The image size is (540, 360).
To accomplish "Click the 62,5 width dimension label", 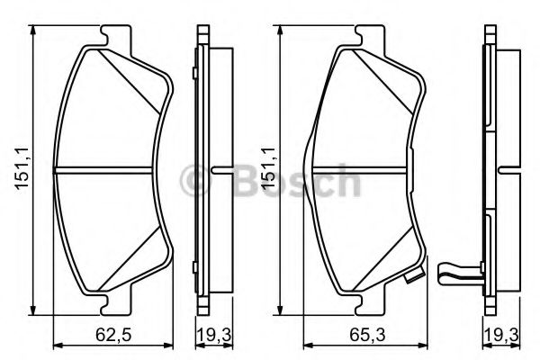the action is (x=113, y=335).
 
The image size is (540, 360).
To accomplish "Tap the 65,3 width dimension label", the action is (x=367, y=335).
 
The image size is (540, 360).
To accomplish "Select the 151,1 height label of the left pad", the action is (x=21, y=167).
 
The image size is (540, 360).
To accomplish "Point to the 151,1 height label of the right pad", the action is (x=268, y=167).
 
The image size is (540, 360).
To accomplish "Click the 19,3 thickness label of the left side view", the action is (x=214, y=335).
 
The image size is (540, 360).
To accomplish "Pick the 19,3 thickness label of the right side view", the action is (x=501, y=335).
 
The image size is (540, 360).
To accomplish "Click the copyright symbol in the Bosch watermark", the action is (x=195, y=181).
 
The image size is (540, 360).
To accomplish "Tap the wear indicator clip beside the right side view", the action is (x=459, y=274).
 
